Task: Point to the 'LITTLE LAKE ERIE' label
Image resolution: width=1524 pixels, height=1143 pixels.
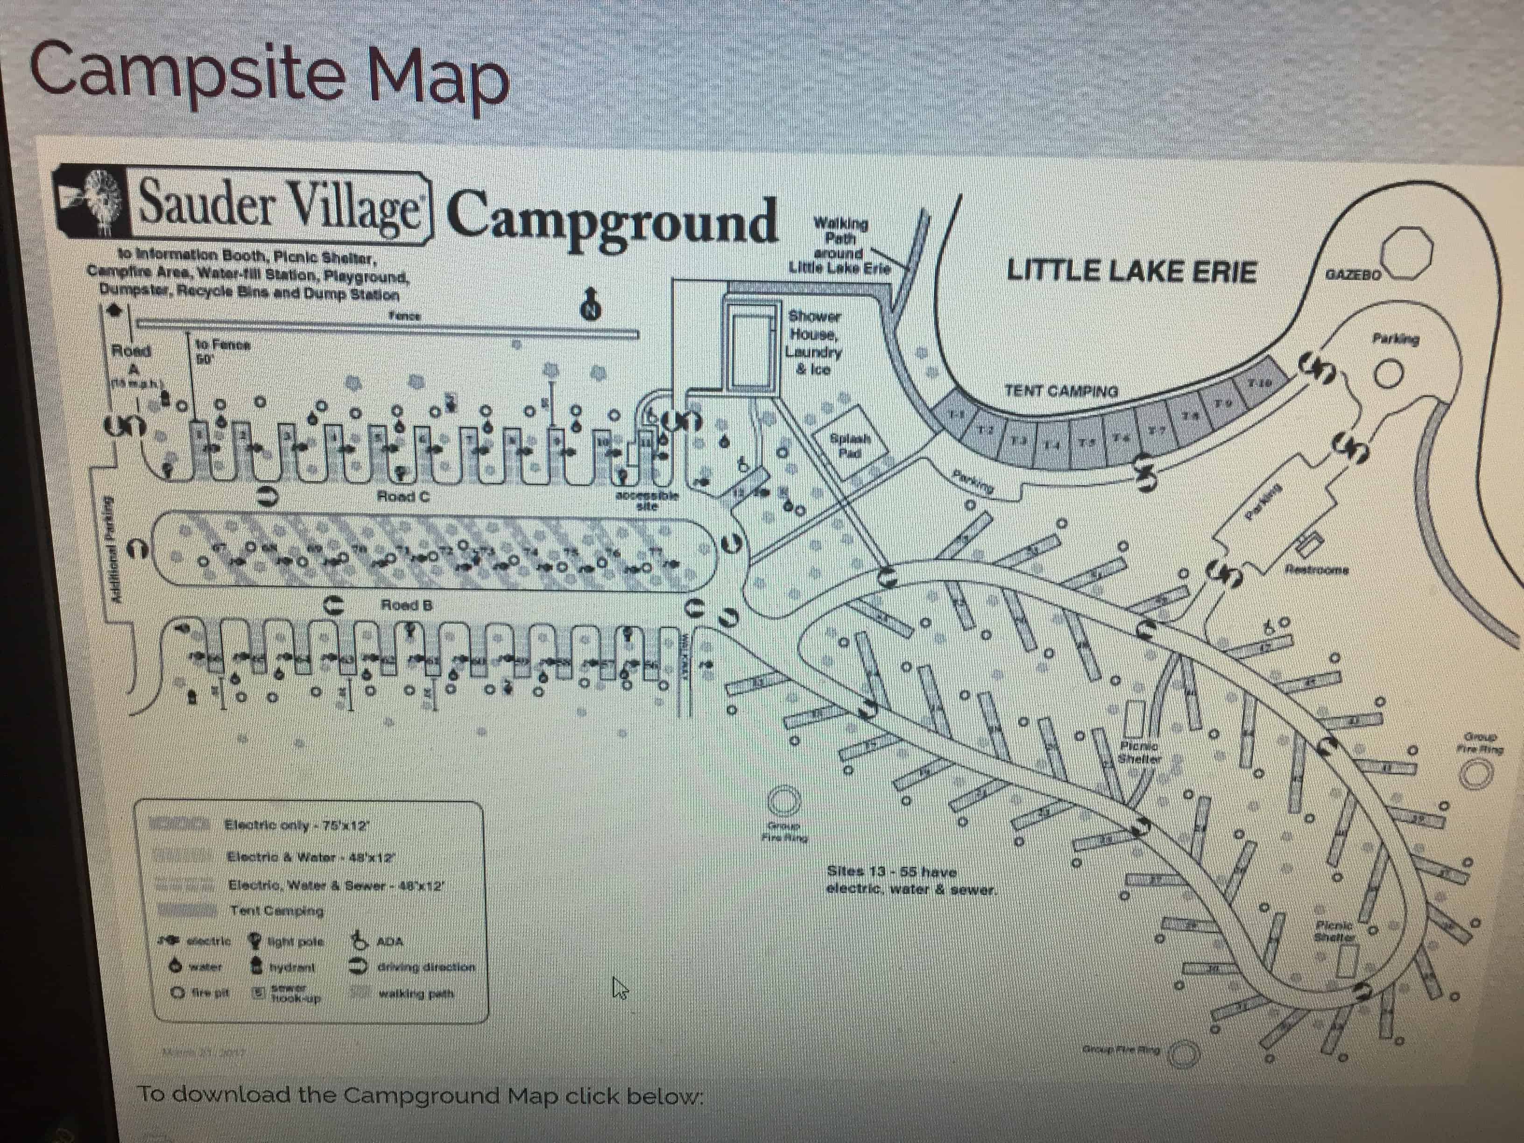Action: (1131, 271)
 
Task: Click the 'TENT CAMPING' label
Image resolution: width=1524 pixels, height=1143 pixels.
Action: (1061, 391)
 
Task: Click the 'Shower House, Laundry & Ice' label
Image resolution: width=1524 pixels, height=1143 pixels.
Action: (814, 342)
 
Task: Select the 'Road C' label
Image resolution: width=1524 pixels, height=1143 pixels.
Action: (404, 496)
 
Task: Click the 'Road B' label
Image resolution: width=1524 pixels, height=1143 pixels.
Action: (407, 606)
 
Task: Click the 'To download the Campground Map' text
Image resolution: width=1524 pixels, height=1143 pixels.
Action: (420, 1095)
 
